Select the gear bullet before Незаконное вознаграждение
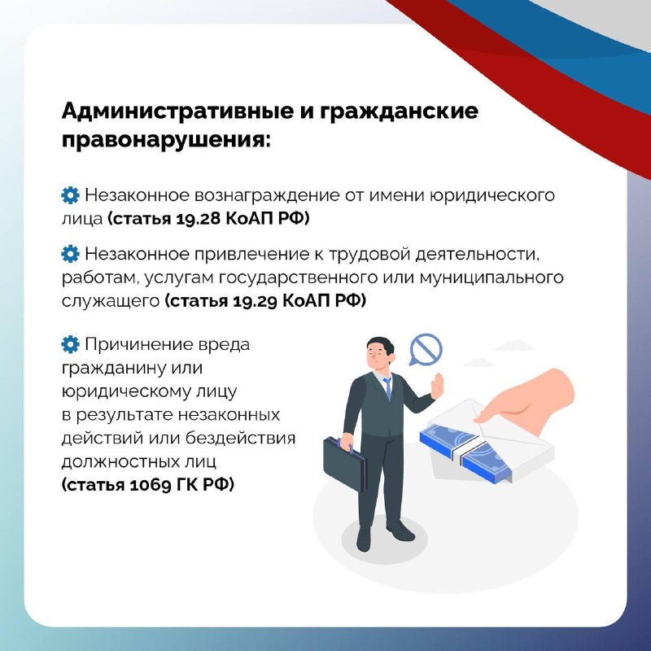coord(70,195)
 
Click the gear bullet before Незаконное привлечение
coord(70,254)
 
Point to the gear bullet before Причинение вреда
coord(70,344)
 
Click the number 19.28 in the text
coord(199,219)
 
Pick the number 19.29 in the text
coord(255,301)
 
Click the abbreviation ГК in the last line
coord(187,484)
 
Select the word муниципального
coord(492,277)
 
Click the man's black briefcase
coord(344,463)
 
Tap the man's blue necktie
coord(387,388)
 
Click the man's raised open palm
coord(437,386)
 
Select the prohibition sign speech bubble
coord(426,350)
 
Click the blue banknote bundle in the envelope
coord(465,452)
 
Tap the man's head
coord(380,352)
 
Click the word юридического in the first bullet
coord(492,195)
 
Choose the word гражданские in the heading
coord(399,112)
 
